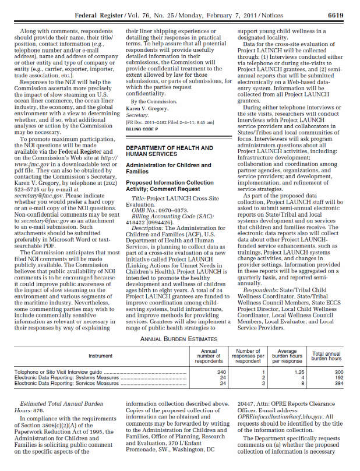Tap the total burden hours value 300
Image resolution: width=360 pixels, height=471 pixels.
[338, 371]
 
